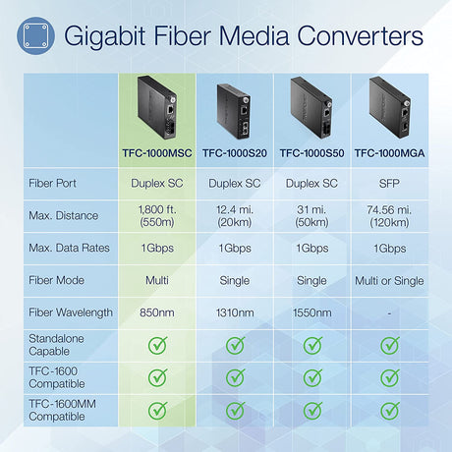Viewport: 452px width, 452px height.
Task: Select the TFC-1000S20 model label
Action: [x=236, y=152]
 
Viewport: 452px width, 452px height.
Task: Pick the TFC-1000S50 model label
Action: [x=312, y=152]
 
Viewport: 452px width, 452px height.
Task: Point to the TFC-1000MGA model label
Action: [x=389, y=152]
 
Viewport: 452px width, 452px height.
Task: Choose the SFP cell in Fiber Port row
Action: [x=389, y=182]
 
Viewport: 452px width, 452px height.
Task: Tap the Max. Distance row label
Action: [x=63, y=214]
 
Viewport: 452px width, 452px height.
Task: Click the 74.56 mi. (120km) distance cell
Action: [x=389, y=214]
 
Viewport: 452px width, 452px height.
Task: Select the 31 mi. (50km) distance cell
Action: [x=312, y=214]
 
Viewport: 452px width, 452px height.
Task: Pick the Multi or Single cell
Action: [x=389, y=280]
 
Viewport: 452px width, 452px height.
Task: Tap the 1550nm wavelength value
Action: [x=312, y=312]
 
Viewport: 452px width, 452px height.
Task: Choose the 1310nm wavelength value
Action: [x=236, y=312]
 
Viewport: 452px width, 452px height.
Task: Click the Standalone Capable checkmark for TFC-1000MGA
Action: [x=389, y=345]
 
